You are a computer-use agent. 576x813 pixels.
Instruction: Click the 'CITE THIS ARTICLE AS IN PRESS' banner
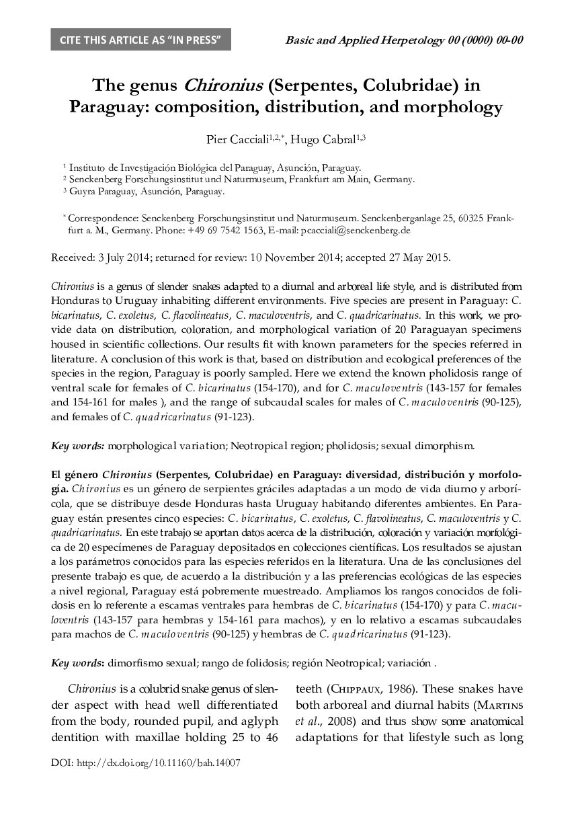[140, 40]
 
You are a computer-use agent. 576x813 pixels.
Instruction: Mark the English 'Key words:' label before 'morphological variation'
[78, 445]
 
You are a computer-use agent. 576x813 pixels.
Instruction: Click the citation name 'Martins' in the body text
[499, 705]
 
